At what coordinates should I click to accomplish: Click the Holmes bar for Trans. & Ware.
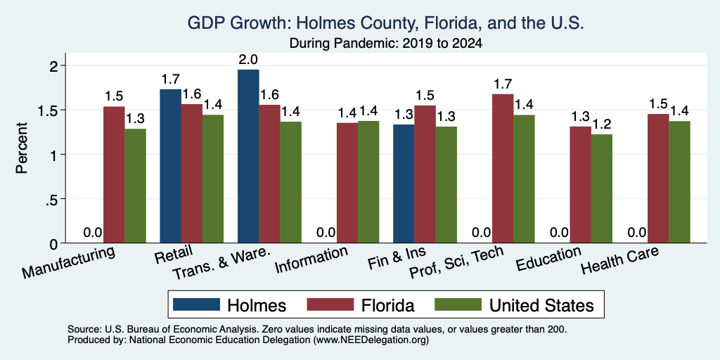(x=248, y=156)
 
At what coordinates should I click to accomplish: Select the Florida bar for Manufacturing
(x=114, y=175)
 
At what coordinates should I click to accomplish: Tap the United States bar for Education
(x=602, y=188)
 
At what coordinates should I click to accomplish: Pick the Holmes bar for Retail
(x=170, y=166)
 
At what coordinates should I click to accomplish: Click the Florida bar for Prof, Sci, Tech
(x=503, y=169)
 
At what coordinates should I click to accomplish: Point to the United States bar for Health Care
(x=680, y=182)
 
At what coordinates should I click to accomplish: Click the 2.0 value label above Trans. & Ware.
(x=248, y=60)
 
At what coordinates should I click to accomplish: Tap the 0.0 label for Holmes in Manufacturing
(x=93, y=233)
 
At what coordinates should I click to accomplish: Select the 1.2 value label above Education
(x=602, y=124)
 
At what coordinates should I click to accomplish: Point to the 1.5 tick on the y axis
(x=55, y=110)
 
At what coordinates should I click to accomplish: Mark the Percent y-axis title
(x=22, y=148)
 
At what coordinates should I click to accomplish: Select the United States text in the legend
(x=541, y=305)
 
